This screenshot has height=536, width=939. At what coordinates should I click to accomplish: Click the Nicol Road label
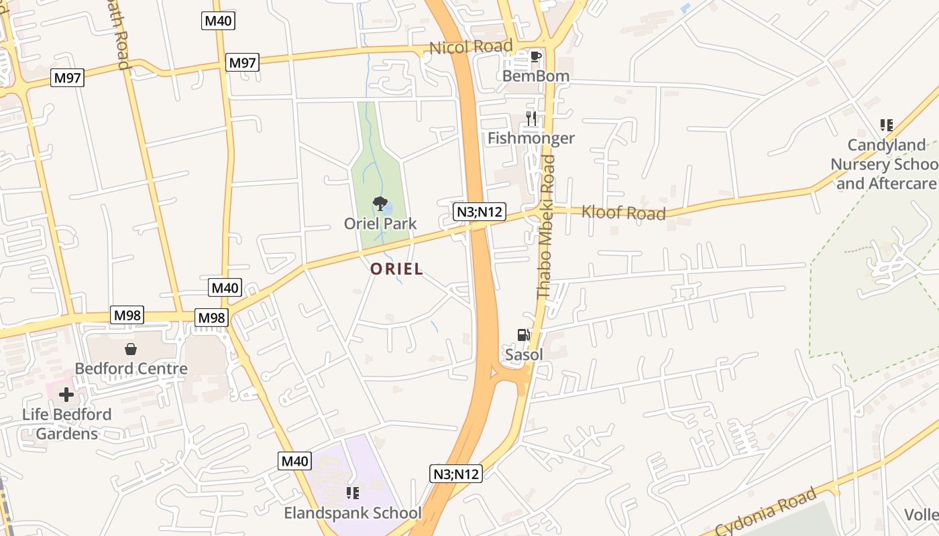tap(471, 47)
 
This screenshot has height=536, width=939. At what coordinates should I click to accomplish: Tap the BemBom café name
tap(536, 76)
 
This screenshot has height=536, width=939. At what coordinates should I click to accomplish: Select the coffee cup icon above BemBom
tap(535, 57)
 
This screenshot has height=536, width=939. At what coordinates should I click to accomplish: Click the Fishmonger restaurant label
tap(531, 139)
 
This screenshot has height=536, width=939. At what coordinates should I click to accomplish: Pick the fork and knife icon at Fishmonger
tap(531, 119)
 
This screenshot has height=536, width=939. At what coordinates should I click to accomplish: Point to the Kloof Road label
tap(623, 212)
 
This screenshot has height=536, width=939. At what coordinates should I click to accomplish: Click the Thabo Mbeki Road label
tap(546, 226)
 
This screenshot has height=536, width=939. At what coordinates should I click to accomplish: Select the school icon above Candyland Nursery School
tap(887, 125)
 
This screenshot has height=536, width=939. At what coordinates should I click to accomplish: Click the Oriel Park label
tap(380, 224)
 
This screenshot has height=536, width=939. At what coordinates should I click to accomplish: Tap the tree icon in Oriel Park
tap(380, 203)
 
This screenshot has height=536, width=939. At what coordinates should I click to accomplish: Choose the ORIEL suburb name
tap(397, 269)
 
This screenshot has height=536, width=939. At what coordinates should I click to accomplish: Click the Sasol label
tap(524, 355)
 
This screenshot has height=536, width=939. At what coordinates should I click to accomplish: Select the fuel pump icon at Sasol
tap(524, 335)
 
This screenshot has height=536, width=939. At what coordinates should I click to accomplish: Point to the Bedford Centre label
tap(131, 368)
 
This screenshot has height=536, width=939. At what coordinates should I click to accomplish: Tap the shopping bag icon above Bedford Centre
tap(131, 349)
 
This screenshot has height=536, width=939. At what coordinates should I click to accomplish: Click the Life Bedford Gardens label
tap(66, 424)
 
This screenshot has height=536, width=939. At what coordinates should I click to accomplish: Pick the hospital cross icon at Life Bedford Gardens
tap(66, 395)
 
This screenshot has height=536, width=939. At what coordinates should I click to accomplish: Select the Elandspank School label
tap(353, 514)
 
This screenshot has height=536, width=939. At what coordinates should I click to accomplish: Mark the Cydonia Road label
tap(766, 513)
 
